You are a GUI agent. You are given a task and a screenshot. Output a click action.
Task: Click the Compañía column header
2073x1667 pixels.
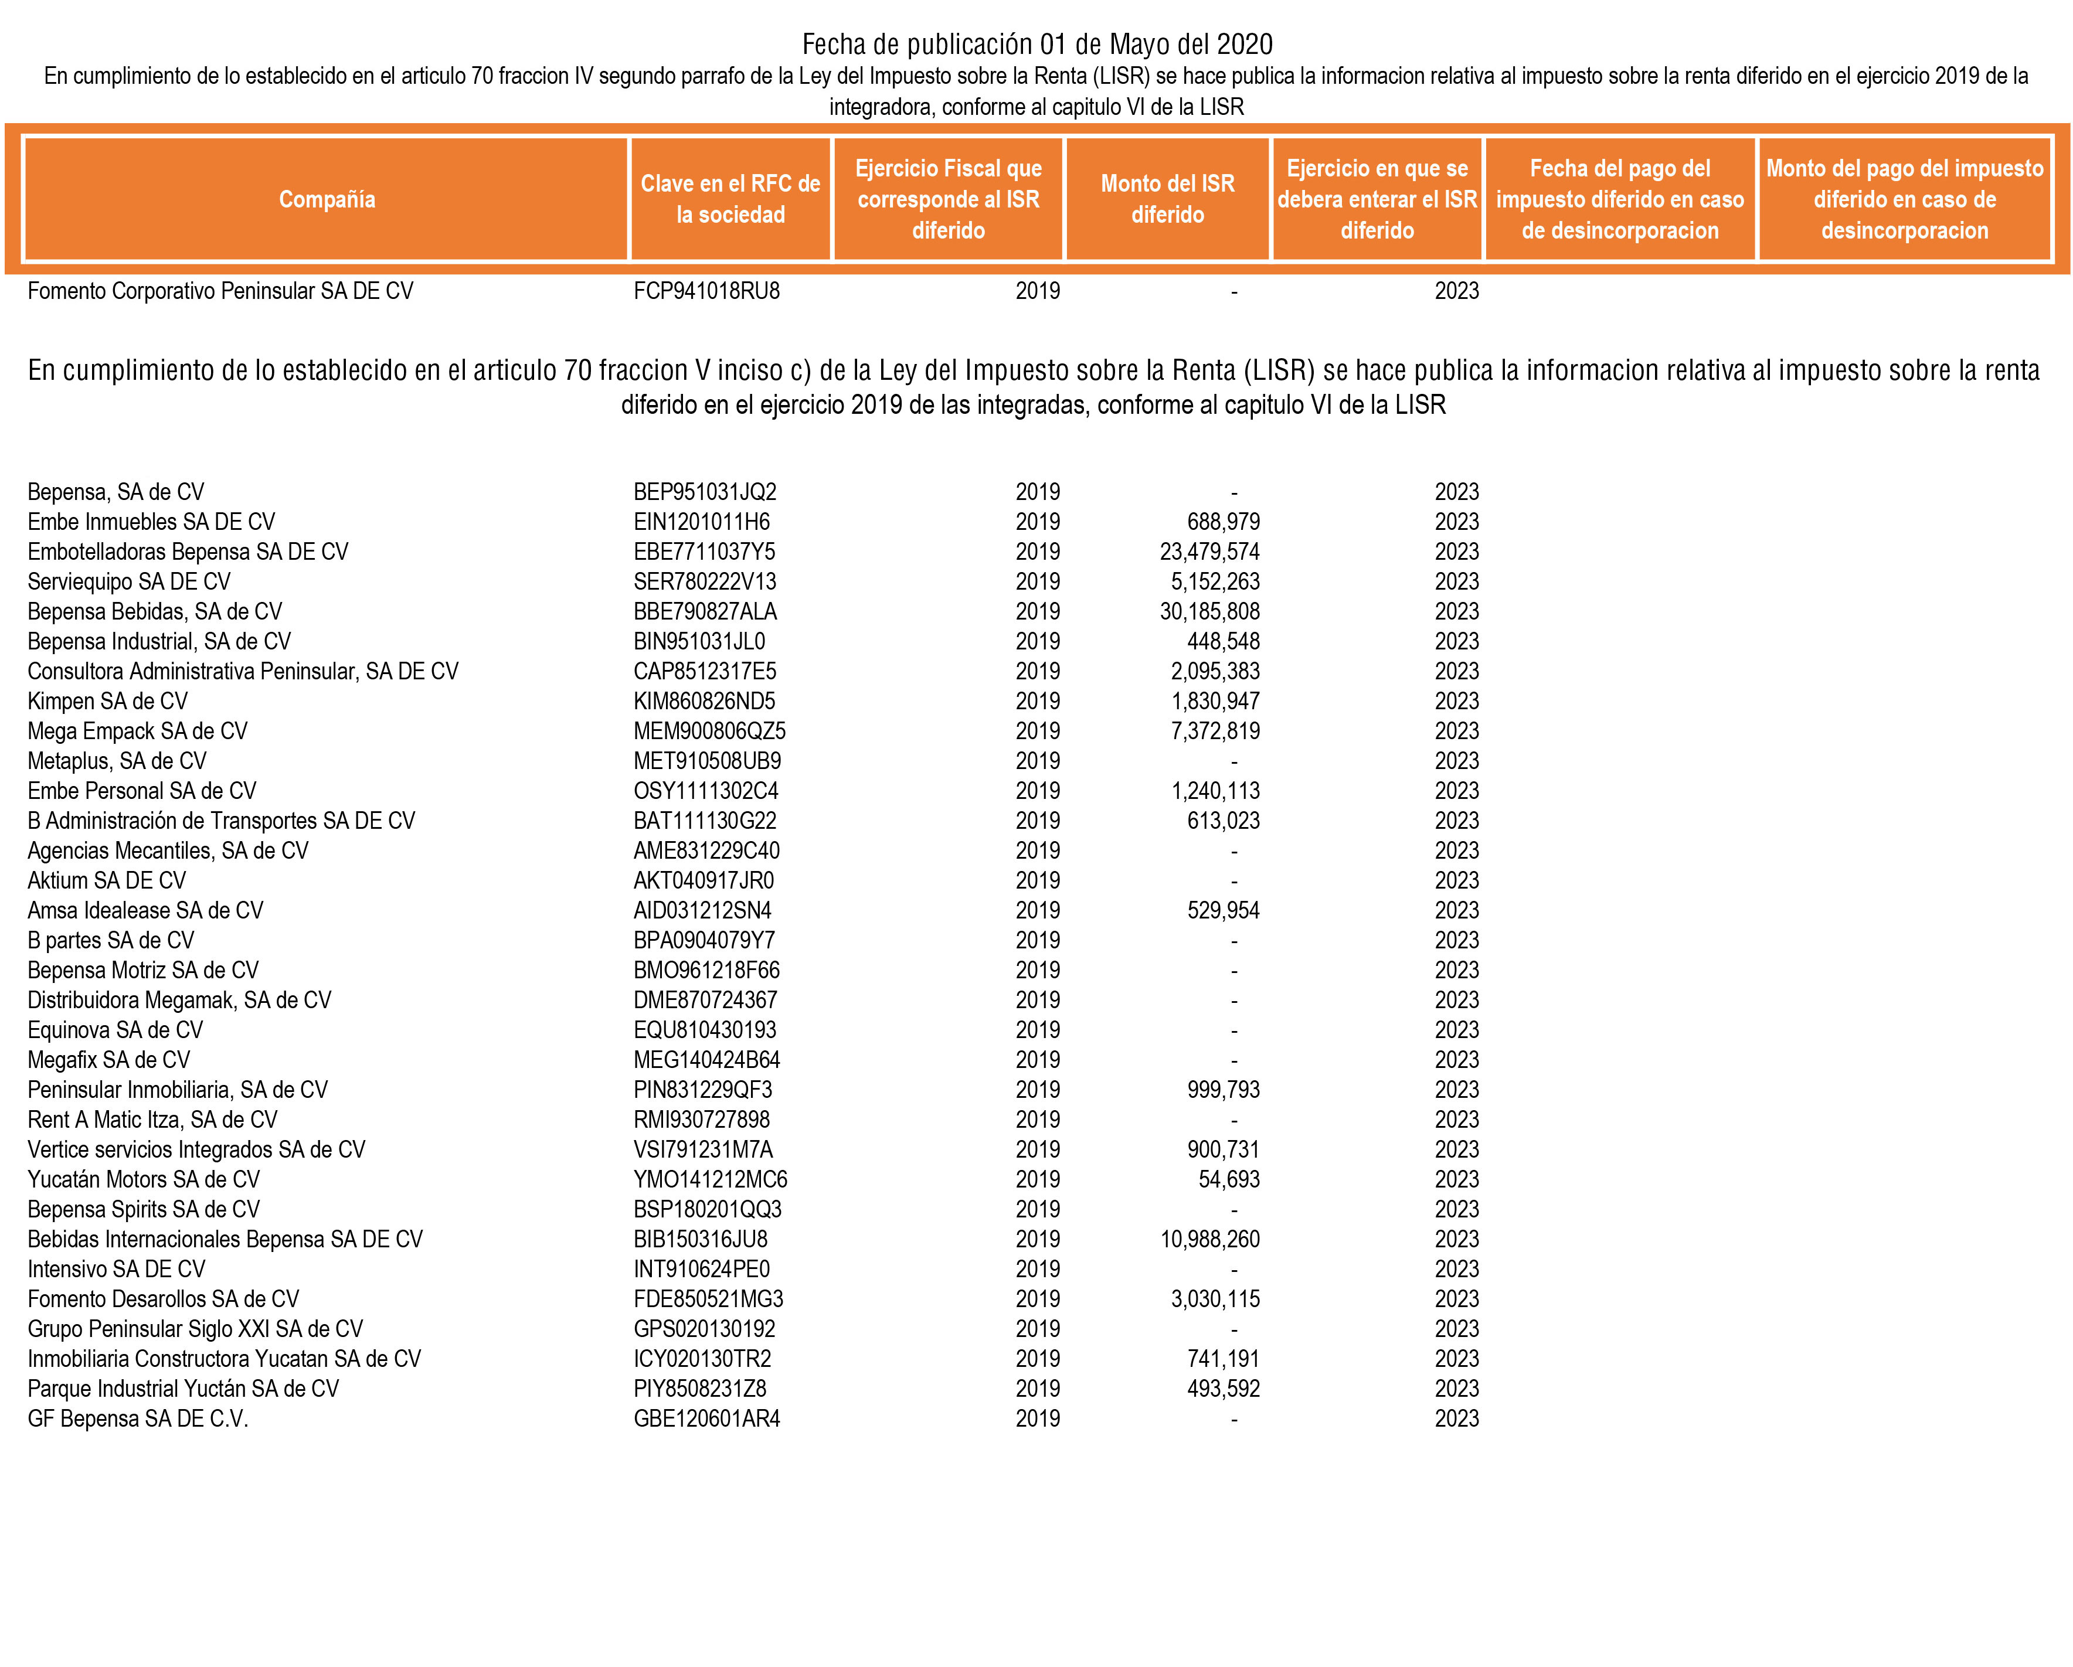tap(327, 199)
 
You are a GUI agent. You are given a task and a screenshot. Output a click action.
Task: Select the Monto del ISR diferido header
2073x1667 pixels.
tap(1167, 199)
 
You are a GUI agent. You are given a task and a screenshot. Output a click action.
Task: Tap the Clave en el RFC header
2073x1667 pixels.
tap(730, 199)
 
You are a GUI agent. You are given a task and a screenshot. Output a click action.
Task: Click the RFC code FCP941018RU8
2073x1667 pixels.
tap(706, 291)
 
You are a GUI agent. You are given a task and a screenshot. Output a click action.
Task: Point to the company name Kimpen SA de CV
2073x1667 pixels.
tap(108, 702)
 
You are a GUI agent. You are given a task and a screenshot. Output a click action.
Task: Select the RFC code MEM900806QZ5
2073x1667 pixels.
tap(709, 732)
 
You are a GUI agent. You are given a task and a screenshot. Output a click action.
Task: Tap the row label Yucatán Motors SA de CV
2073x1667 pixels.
tap(144, 1179)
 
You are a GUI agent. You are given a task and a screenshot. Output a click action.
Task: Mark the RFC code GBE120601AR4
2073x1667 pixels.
tap(706, 1419)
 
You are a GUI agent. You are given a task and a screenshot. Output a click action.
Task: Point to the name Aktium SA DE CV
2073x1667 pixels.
tap(107, 880)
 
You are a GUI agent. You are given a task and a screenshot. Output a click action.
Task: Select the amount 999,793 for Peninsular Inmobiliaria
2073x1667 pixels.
tap(1223, 1090)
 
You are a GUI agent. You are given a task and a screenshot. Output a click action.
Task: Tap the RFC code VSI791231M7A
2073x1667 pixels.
tap(703, 1150)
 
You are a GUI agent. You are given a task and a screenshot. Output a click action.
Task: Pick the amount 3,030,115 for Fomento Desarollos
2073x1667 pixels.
tap(1215, 1299)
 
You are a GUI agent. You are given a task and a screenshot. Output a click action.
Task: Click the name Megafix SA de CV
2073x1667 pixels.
tap(108, 1060)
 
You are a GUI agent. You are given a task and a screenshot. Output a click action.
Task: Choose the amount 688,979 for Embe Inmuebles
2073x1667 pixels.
tap(1223, 522)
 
